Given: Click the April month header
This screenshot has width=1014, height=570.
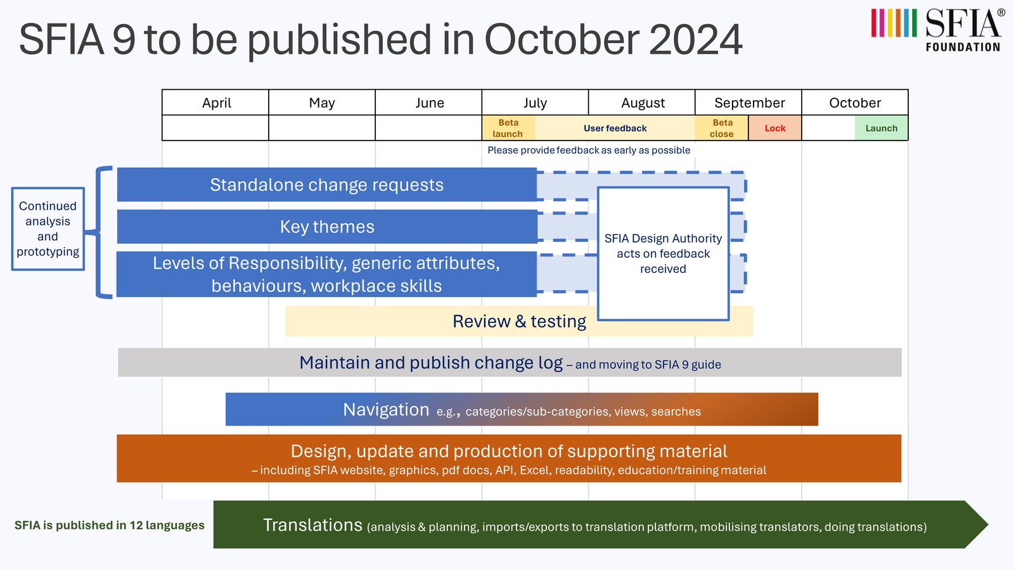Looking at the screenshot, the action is pos(215,102).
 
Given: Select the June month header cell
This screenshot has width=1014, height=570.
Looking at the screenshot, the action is pos(428,102).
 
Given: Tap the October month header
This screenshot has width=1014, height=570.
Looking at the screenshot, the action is pos(855,102).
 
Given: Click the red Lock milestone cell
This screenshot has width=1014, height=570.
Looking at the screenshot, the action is pos(775,128).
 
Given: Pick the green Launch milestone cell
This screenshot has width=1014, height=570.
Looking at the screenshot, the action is pos(882,128).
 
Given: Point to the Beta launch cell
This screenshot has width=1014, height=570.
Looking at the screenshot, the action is pos(508,128).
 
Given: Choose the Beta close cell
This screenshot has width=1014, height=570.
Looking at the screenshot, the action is pos(722,128).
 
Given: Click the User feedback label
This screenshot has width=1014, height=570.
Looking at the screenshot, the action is pos(615,128).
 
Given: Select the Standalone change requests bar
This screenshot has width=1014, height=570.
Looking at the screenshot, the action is pos(327,184).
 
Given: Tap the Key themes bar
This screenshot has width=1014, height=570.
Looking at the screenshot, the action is pos(327,227).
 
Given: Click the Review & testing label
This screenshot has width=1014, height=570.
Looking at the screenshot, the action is pos(519,321).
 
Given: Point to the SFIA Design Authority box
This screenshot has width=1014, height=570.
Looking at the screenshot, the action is pos(663,253).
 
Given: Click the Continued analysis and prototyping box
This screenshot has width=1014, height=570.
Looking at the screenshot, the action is pos(48,229).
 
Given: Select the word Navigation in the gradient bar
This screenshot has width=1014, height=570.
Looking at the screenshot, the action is pos(386,409).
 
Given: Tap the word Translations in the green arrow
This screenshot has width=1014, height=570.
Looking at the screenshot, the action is pos(313,525).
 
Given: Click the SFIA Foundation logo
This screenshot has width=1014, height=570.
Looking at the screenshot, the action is pos(938,30).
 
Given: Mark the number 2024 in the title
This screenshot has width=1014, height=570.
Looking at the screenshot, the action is pos(695,40).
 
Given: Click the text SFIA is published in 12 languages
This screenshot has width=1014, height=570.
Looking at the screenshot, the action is pos(110,525).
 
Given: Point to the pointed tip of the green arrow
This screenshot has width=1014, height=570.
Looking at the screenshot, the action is pos(988,525).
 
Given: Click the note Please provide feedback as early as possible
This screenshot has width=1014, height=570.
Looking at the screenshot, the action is pos(589,150).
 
